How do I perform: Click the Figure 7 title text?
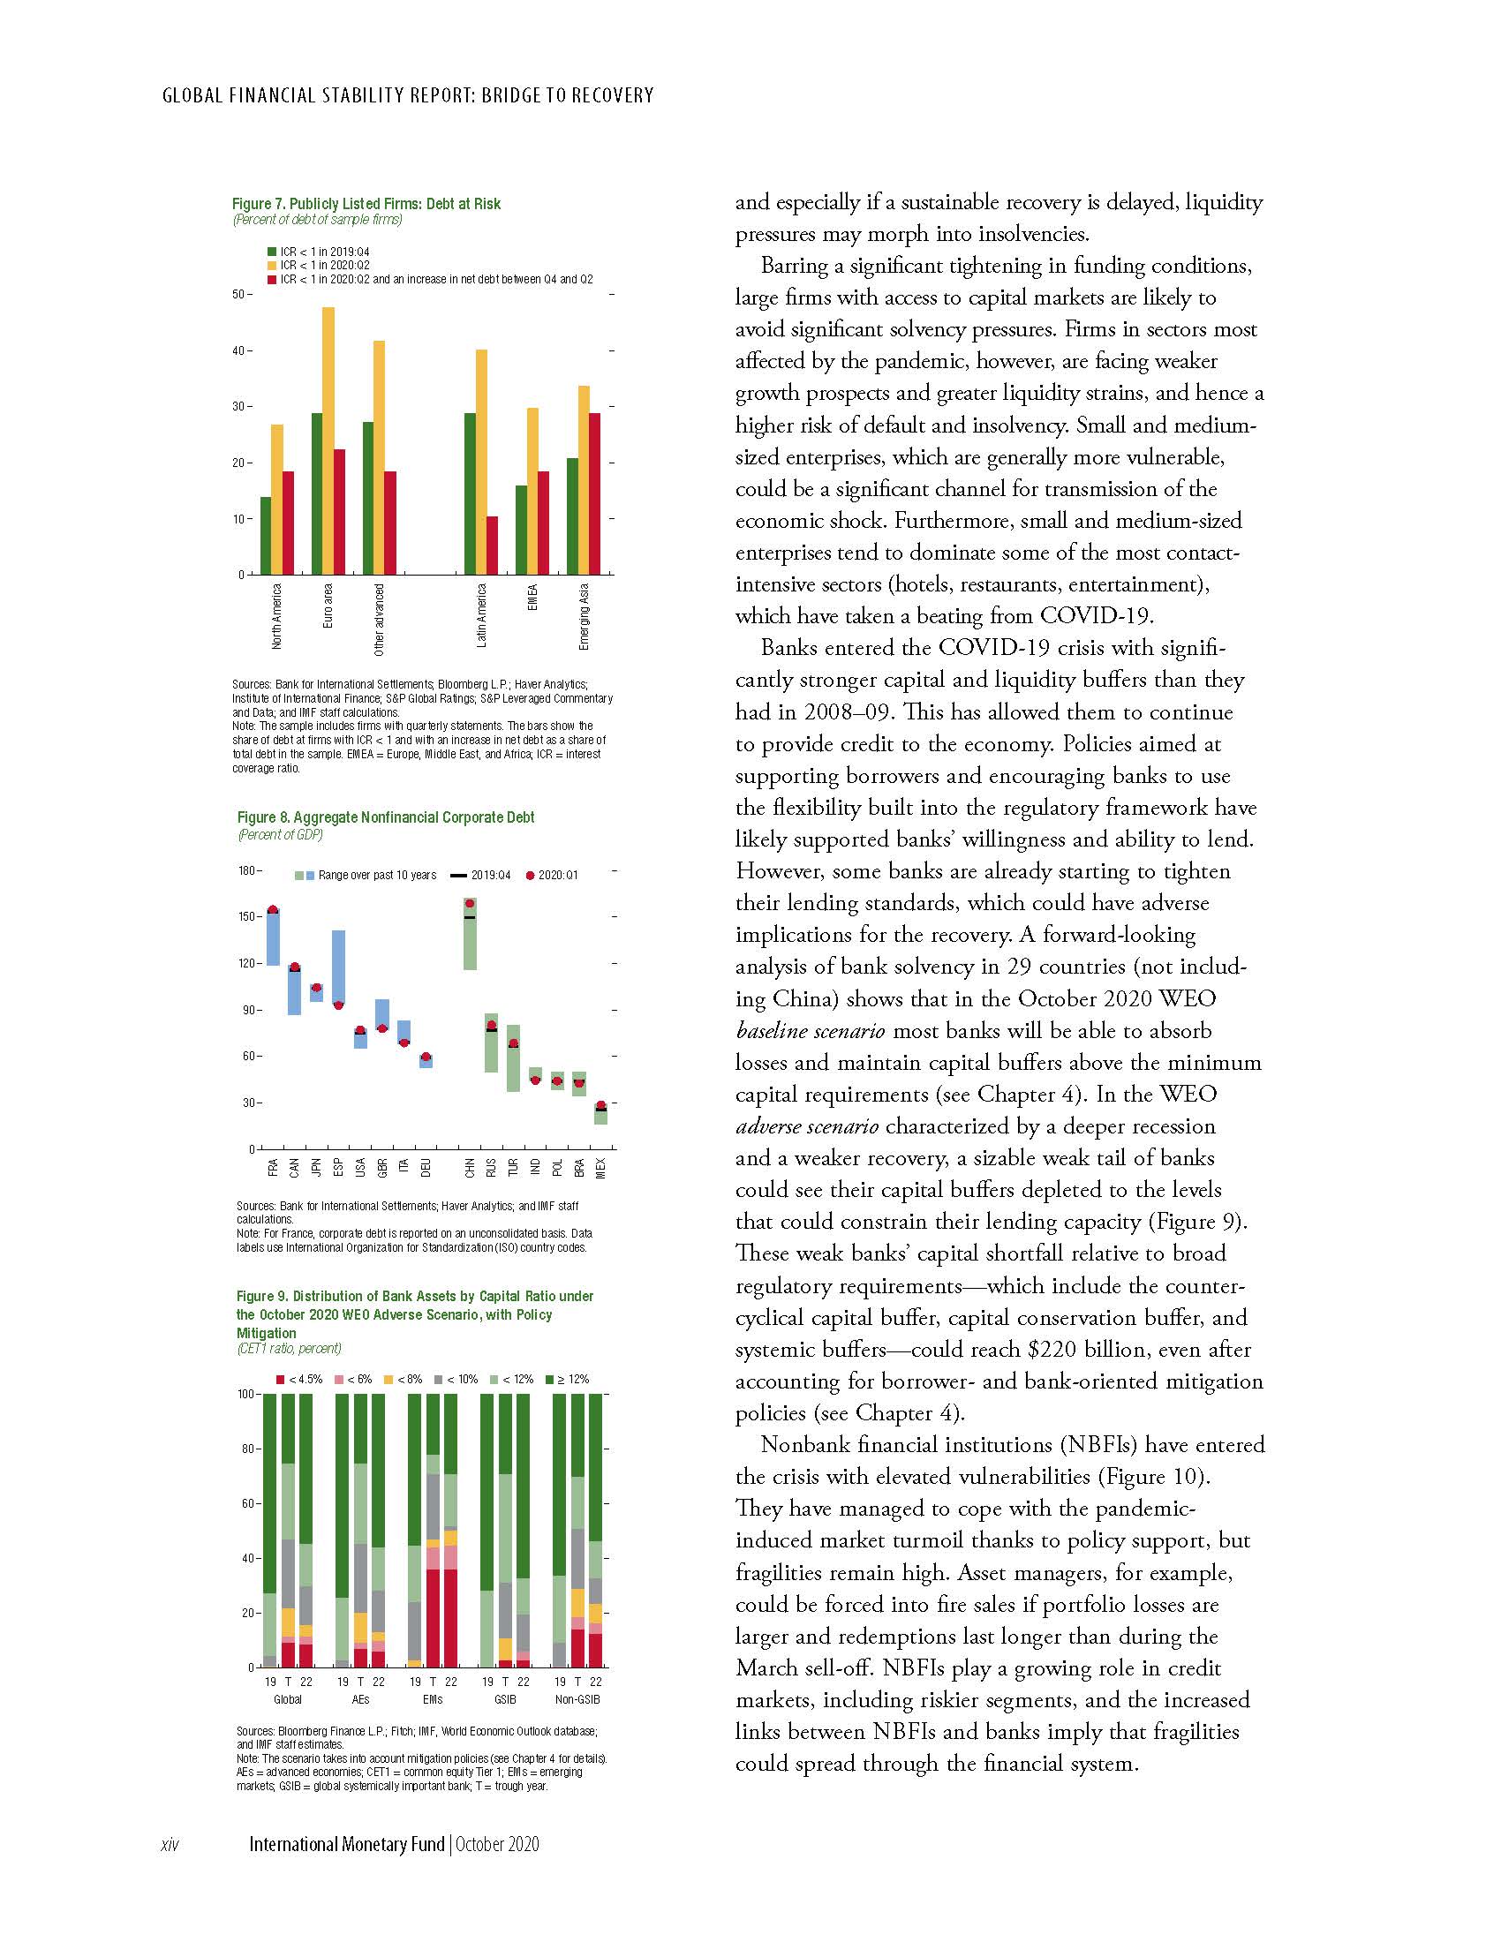pos(366,204)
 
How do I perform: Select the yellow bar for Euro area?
pos(328,441)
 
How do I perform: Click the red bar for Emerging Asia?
pos(594,493)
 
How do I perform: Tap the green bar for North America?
pos(265,535)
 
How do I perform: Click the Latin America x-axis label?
pos(482,615)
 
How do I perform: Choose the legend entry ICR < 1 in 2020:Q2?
pos(324,265)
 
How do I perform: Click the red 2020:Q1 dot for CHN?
pos(470,903)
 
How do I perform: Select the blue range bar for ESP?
pos(339,968)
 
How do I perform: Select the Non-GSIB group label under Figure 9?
pos(578,1699)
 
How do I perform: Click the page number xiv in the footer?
pos(170,1844)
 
